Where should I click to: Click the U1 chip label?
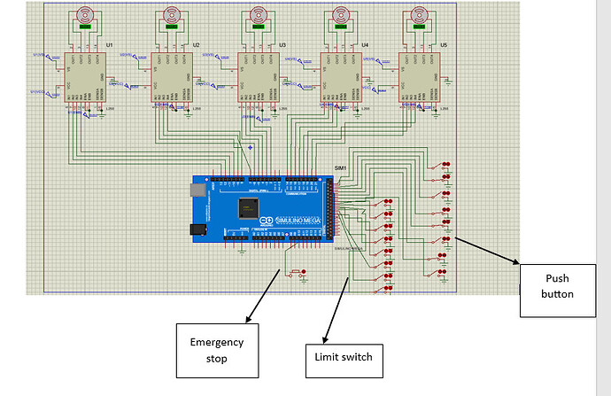[x=109, y=43]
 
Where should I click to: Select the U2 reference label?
[x=196, y=43]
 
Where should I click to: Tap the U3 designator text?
[x=282, y=43]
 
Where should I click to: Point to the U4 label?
[x=365, y=43]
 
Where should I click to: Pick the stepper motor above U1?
[x=85, y=15]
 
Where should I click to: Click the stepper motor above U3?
[x=259, y=15]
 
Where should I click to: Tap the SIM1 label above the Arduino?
[x=341, y=168]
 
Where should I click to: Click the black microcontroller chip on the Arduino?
[x=249, y=207]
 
